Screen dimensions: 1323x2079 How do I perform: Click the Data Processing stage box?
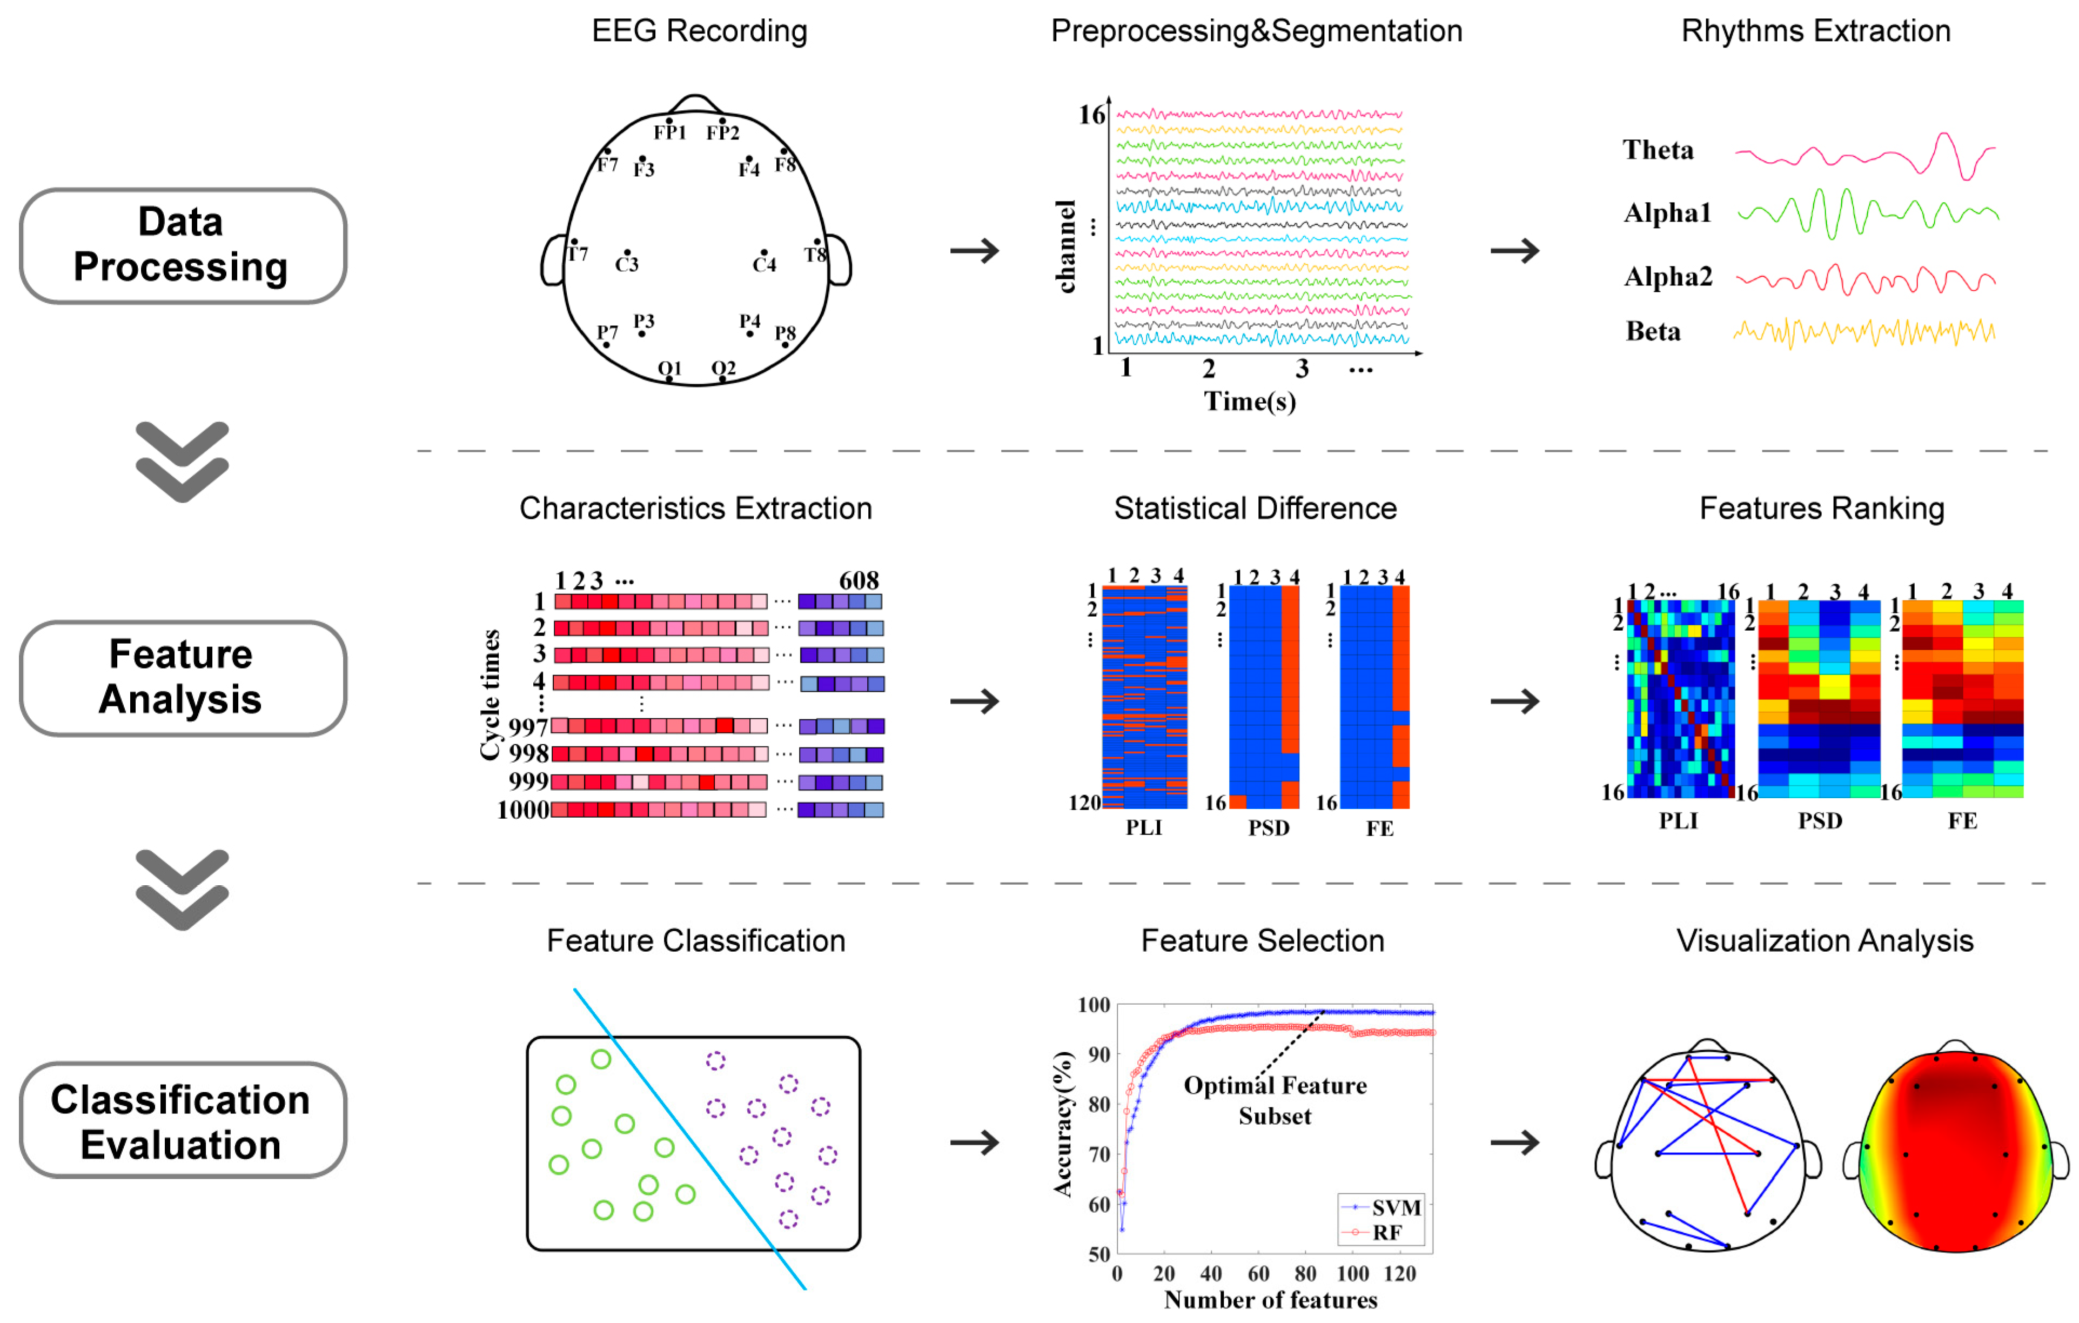coord(182,245)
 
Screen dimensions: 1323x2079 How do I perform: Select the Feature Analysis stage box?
coord(182,678)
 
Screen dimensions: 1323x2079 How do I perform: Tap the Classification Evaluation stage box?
coord(182,1121)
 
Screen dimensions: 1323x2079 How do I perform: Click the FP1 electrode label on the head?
coord(670,132)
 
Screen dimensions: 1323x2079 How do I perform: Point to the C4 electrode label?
coord(764,264)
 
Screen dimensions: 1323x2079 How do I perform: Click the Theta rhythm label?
coord(1658,150)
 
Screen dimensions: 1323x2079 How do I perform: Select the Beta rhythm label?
coord(1653,332)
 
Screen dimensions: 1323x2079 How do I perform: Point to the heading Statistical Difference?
coord(1255,509)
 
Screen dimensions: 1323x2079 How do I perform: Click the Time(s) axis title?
coord(1249,402)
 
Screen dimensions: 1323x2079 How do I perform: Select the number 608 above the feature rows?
coord(859,580)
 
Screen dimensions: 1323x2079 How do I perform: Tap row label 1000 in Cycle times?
coord(522,810)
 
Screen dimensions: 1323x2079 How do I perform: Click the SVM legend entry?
coord(1395,1207)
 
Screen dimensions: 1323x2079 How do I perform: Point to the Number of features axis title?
coord(1270,1300)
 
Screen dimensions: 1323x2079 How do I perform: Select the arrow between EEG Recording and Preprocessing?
coord(974,251)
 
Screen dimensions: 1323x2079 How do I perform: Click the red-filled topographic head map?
coord(1955,1148)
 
